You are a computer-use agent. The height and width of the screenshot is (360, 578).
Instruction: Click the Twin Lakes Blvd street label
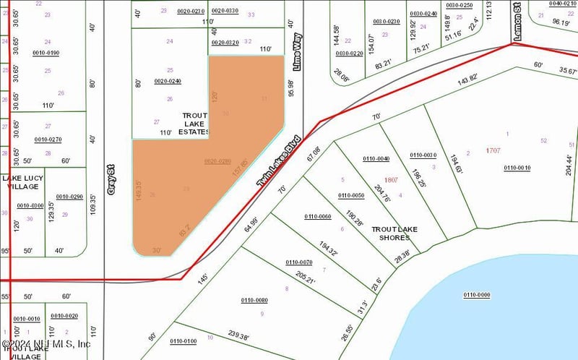[x=278, y=162]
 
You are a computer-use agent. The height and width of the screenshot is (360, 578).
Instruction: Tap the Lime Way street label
[x=297, y=50]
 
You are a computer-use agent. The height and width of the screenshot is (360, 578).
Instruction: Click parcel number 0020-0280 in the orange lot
[x=217, y=160]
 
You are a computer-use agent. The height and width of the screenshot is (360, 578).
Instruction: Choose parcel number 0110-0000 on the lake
[x=476, y=294]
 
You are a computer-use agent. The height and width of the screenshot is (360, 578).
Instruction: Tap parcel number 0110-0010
[x=517, y=168]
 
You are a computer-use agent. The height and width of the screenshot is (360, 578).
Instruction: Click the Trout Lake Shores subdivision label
[x=394, y=233]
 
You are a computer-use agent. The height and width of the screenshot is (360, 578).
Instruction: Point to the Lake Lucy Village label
[x=22, y=182]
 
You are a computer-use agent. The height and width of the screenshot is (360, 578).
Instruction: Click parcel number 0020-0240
[x=168, y=81]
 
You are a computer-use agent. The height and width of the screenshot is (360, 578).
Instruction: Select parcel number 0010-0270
[x=48, y=140]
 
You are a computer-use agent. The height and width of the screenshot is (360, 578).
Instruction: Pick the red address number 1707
[x=493, y=150]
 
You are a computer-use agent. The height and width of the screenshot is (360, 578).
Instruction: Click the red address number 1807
[x=391, y=179]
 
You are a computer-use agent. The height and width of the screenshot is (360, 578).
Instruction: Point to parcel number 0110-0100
[x=183, y=341]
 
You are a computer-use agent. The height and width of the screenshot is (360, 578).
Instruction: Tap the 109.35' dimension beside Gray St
[x=93, y=208]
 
